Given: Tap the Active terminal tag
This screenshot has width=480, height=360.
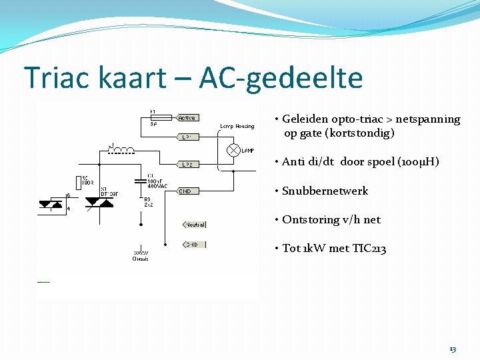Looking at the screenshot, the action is tap(187, 118).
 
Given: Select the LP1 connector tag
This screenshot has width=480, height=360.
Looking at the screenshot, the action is tap(187, 137).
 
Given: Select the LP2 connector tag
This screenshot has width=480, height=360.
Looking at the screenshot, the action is tap(187, 164).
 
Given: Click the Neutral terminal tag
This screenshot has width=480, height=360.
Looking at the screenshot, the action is tap(195, 225).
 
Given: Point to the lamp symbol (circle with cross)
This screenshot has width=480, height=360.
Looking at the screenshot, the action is tap(233, 150).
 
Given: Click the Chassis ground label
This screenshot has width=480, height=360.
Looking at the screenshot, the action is tap(140, 259).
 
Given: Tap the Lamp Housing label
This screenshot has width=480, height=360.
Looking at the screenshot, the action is tap(237, 126).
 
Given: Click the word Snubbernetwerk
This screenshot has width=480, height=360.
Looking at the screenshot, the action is tap(325, 191).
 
